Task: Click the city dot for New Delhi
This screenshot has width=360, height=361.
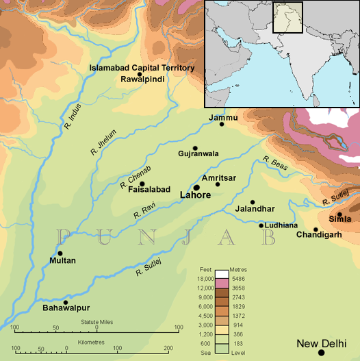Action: click(321, 352)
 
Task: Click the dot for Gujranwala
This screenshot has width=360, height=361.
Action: click(195, 148)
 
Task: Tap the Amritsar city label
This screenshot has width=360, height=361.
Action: click(219, 177)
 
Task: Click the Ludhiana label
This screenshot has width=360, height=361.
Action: click(282, 225)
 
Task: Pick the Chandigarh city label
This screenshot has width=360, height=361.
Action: click(319, 235)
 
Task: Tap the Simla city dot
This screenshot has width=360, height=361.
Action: click(339, 214)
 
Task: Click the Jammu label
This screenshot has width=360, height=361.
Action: click(223, 118)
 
